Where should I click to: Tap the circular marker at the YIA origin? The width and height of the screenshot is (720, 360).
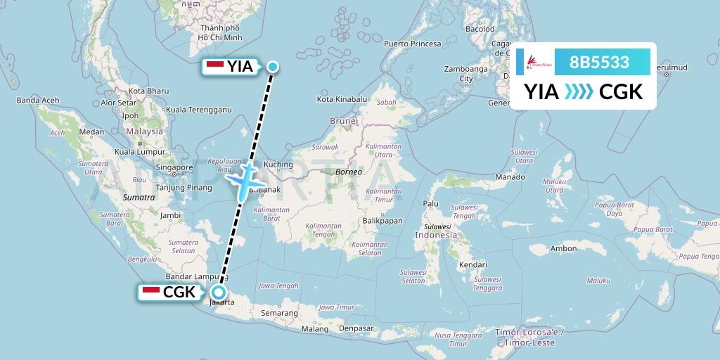(x=273, y=67)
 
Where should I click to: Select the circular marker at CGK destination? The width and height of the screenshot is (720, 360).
(x=219, y=292)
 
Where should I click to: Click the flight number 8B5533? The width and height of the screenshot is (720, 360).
(x=599, y=62)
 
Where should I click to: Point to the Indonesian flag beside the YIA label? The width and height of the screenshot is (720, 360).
(x=216, y=67)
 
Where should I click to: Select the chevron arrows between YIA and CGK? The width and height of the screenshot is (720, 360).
(x=579, y=92)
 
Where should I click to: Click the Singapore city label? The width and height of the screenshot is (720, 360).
(x=175, y=167)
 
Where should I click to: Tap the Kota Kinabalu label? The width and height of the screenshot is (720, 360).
(x=343, y=99)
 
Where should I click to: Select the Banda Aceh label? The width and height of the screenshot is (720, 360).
(x=37, y=100)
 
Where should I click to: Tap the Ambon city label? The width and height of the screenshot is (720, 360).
(x=563, y=248)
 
